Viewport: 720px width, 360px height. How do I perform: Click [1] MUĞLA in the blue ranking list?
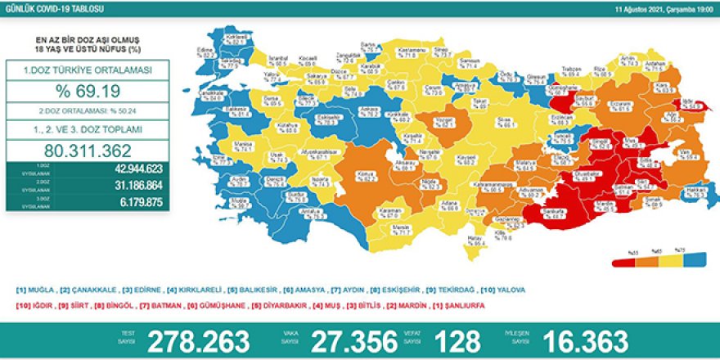pyautogui.click(x=36, y=290)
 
